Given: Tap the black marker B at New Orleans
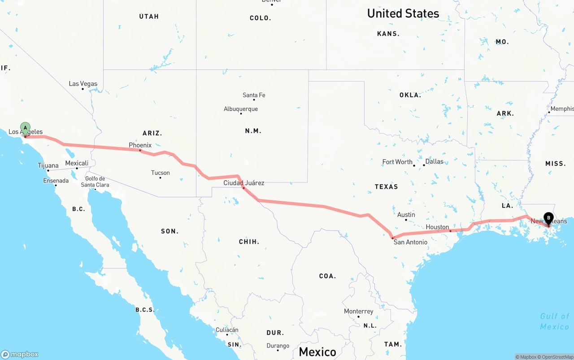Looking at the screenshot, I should tap(548, 218).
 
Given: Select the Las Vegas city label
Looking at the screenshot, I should tap(83, 84).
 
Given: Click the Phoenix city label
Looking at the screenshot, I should tap(140, 145).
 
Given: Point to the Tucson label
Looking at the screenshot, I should tap(161, 173).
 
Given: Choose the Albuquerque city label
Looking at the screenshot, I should tap(241, 109).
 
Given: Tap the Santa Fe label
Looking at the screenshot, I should tap(254, 95).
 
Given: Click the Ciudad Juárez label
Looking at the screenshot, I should tap(244, 183).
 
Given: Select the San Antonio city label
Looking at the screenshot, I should tap(410, 242).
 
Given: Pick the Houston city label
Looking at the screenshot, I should tap(437, 227).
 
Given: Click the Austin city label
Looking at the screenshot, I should tap(406, 215).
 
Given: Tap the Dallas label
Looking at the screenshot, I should tap(434, 161).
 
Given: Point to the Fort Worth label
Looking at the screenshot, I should tap(397, 162).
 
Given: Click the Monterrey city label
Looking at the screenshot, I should tap(359, 311).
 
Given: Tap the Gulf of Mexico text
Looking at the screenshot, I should tap(555, 321).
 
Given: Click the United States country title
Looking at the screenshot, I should tap(403, 13).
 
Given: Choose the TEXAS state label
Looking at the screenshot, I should tap(386, 187).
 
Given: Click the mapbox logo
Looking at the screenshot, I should tap(20, 354).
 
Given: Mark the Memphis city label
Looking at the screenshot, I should tap(562, 109).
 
